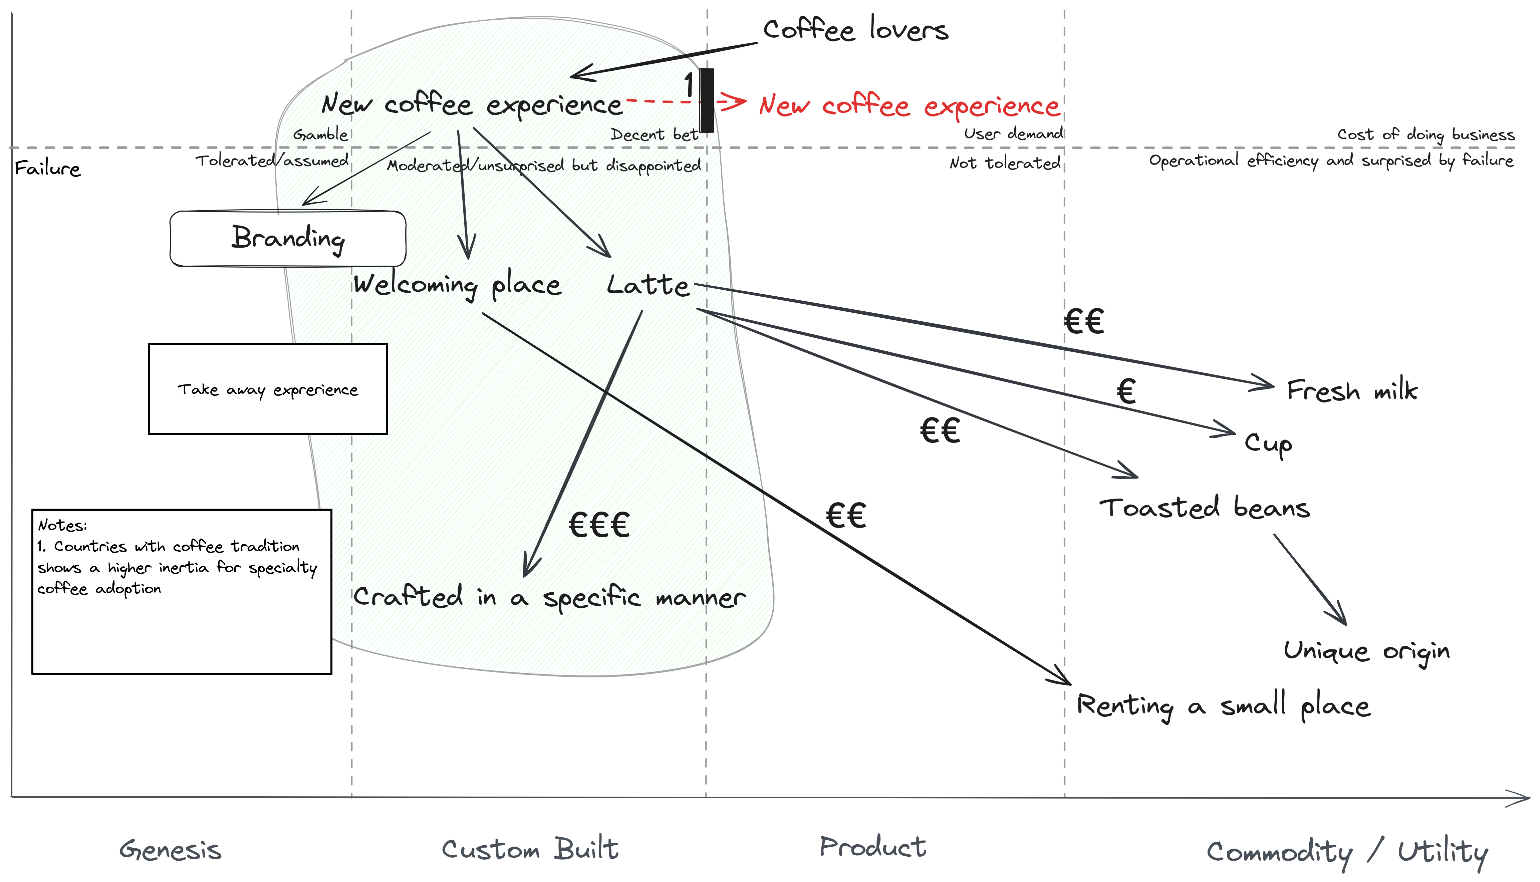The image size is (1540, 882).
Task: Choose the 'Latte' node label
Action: pyautogui.click(x=648, y=285)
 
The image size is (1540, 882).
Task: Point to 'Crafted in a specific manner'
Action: pyautogui.click(x=549, y=598)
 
